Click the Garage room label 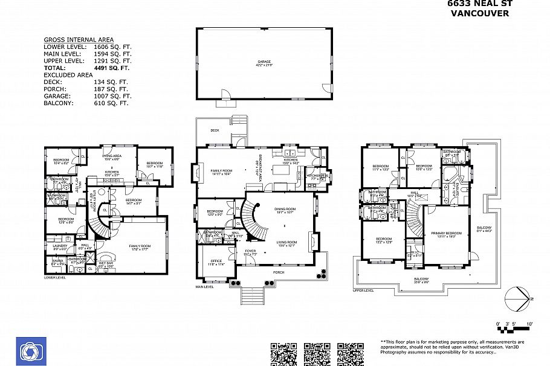click(x=264, y=62)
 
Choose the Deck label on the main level click(x=215, y=130)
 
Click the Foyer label click(x=251, y=252)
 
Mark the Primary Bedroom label click(x=446, y=234)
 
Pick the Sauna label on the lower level click(x=57, y=262)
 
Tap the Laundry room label click(x=60, y=246)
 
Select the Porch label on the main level click(x=278, y=272)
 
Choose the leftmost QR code click(x=283, y=354)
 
